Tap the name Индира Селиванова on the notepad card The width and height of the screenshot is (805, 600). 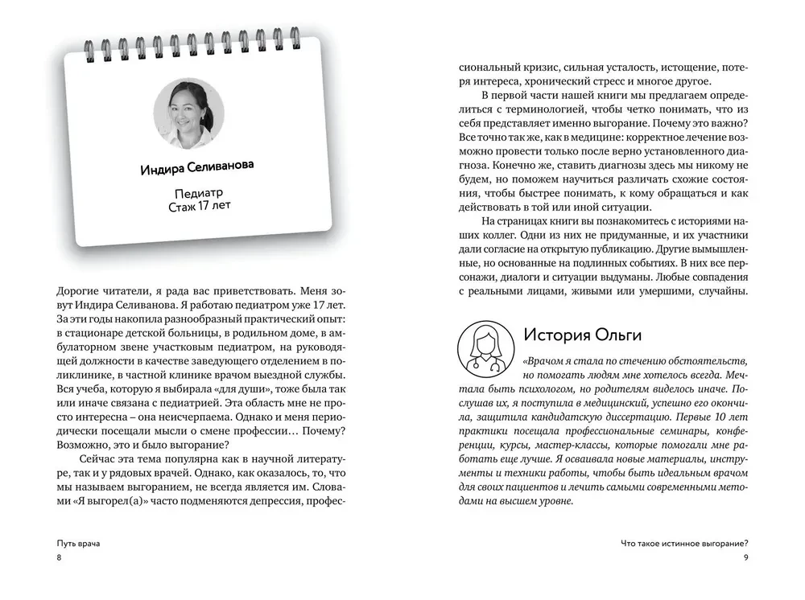[196, 167]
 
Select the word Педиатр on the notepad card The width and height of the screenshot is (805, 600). [198, 195]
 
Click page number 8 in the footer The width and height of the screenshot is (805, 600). [59, 558]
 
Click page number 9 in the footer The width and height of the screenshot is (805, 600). [745, 558]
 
